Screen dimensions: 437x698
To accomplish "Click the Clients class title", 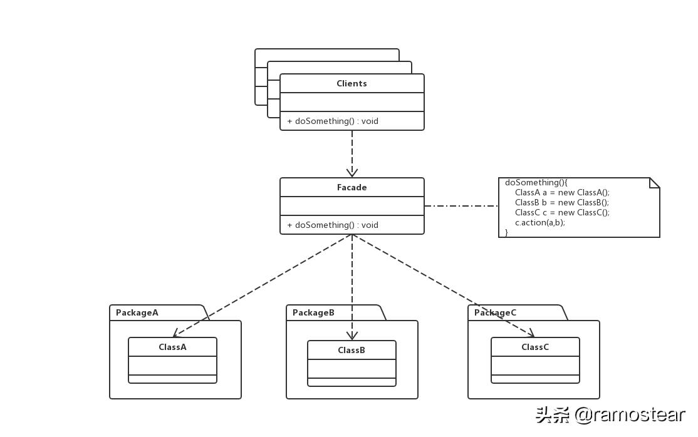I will (352, 83).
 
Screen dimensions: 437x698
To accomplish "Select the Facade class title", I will (352, 187).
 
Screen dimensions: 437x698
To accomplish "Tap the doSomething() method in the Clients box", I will (333, 121).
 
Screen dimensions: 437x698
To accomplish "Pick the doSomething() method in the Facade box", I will (333, 225).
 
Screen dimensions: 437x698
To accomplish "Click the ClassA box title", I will (172, 347).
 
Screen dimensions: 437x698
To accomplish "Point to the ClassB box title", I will (352, 350).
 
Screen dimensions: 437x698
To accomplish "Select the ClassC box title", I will (535, 347).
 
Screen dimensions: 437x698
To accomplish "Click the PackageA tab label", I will (137, 312).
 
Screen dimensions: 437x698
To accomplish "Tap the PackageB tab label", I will (313, 312).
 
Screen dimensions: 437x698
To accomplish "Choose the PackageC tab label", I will (495, 312).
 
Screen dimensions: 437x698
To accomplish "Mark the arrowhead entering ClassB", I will (352, 336).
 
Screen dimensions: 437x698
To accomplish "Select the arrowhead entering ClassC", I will (530, 334).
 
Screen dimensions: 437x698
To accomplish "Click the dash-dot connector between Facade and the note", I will (461, 205).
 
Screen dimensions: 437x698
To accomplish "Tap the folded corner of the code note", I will (655, 182).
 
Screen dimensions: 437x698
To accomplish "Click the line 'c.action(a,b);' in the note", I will (539, 222).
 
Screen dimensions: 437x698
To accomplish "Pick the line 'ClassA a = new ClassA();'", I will (562, 192).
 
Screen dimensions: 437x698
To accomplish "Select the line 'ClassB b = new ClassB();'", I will (562, 202).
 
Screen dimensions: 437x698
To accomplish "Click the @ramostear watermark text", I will (630, 414).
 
